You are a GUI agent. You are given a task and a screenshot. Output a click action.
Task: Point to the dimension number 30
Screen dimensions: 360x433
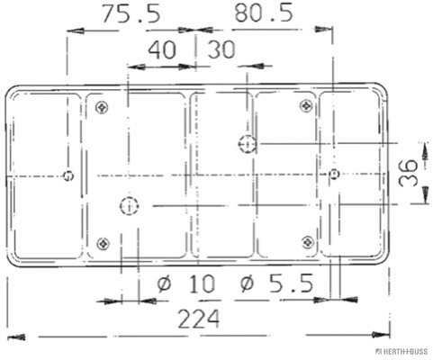coord(221,51)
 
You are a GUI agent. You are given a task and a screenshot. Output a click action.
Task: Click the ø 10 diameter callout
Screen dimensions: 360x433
coord(186,285)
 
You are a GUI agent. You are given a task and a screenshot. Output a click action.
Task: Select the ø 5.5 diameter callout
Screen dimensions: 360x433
coord(276,285)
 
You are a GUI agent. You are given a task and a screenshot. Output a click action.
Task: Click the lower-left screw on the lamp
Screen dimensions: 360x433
coord(102,243)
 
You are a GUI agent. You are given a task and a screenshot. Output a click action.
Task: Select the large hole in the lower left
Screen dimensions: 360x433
coord(129,207)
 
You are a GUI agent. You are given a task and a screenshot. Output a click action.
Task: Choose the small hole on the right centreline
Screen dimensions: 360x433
coord(333,174)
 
